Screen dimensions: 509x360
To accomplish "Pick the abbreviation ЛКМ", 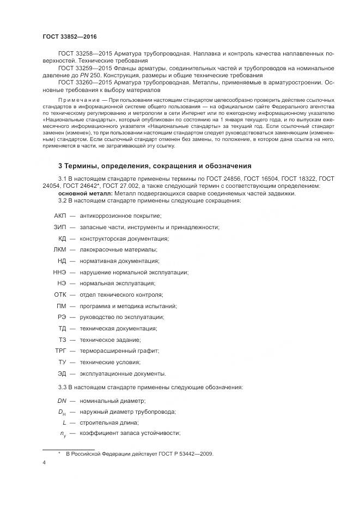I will [x=59, y=249].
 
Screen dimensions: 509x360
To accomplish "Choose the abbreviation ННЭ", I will [x=59, y=272].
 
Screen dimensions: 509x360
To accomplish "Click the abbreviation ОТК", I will [x=59, y=295].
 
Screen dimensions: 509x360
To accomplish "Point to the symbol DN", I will [x=62, y=400].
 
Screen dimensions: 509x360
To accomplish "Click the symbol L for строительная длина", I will [x=64, y=422].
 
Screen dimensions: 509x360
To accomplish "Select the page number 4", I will [x=44, y=463].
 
